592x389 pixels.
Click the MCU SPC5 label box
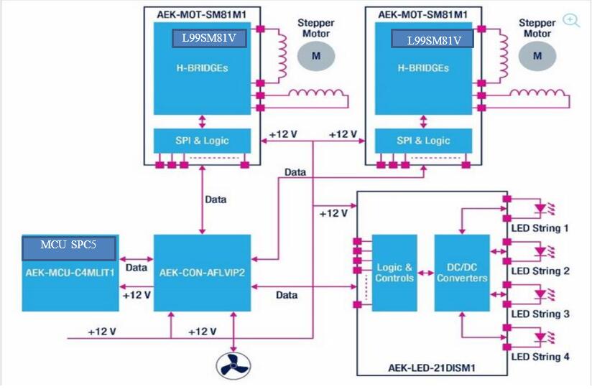(68, 248)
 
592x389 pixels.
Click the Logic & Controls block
(394, 273)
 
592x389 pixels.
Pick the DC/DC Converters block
(462, 273)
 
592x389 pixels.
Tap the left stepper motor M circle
(312, 55)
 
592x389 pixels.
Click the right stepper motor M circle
(537, 55)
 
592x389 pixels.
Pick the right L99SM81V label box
(432, 40)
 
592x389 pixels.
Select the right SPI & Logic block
(424, 140)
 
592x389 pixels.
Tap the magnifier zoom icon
(571, 20)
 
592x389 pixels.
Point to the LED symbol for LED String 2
(540, 252)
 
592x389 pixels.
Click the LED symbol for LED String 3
(540, 294)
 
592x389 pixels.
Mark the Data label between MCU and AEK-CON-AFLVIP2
(136, 267)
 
